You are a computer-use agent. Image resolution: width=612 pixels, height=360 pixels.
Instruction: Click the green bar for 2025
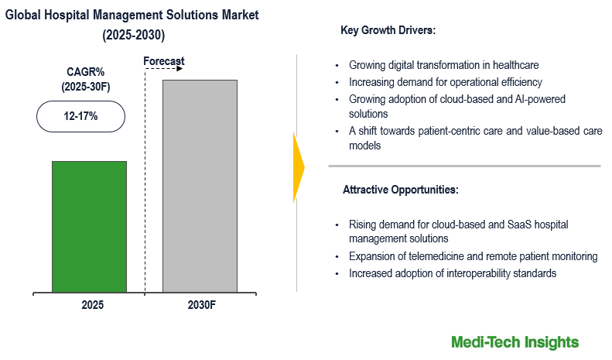pyautogui.click(x=89, y=226)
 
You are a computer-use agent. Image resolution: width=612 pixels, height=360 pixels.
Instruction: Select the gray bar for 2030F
pyautogui.click(x=200, y=186)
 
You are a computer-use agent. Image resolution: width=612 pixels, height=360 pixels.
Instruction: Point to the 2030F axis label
pyautogui.click(x=201, y=304)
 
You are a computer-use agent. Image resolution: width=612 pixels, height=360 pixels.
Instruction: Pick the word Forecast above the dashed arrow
pyautogui.click(x=164, y=62)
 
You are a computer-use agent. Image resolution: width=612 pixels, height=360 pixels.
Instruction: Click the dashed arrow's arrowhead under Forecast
pyautogui.click(x=179, y=69)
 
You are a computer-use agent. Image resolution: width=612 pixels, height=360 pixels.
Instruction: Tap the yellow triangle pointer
pyautogui.click(x=299, y=166)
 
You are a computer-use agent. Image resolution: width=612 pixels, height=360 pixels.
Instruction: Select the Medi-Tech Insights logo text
pyautogui.click(x=515, y=341)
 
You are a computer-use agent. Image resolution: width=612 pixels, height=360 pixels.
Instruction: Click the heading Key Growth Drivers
pyautogui.click(x=388, y=31)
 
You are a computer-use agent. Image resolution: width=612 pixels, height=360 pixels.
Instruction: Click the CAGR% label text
pyautogui.click(x=86, y=72)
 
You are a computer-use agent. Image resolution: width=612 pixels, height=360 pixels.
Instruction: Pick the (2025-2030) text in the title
pyautogui.click(x=133, y=36)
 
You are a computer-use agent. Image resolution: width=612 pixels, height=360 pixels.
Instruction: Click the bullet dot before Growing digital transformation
pyautogui.click(x=337, y=66)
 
